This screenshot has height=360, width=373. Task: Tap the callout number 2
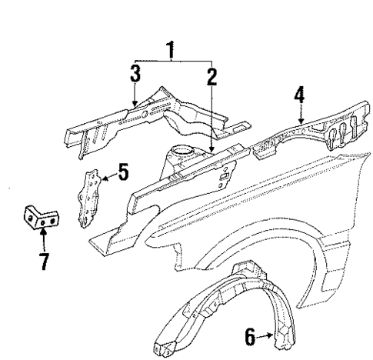point(211,75)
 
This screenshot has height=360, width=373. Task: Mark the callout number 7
point(44,262)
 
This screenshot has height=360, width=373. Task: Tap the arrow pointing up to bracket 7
point(44,240)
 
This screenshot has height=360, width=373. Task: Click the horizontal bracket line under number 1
point(173,61)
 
